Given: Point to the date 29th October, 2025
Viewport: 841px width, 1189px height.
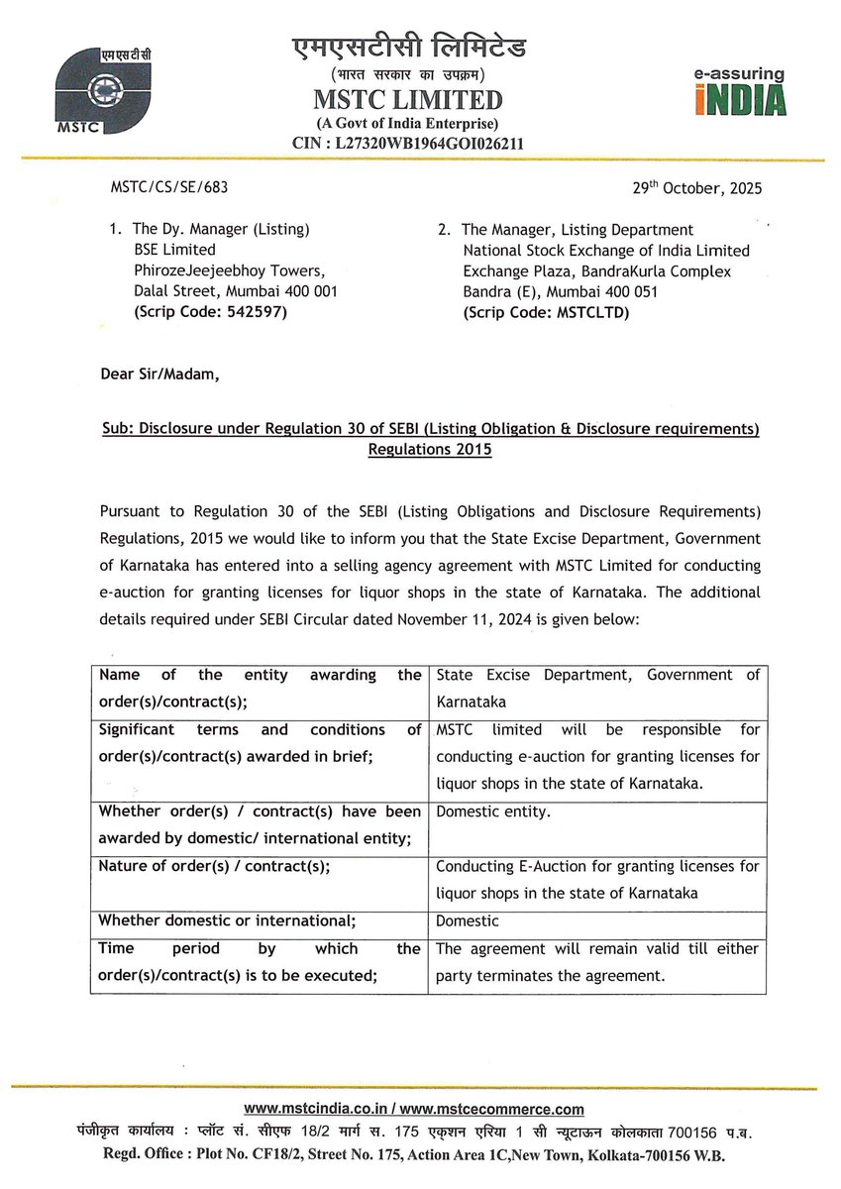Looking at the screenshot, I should tap(697, 187).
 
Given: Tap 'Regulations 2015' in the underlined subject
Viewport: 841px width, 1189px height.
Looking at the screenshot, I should tap(430, 449).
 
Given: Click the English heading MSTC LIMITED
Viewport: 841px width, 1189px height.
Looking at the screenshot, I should tap(409, 100).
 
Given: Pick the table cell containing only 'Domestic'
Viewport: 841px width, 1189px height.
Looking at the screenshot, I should tap(468, 920).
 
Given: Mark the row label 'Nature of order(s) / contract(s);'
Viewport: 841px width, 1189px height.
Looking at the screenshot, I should tap(214, 866).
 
